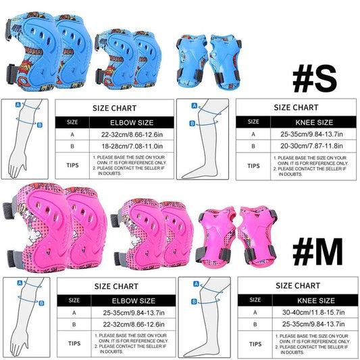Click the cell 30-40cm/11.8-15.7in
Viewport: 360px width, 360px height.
pyautogui.click(x=308, y=313)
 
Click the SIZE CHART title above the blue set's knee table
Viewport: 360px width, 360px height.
pyautogui.click(x=296, y=107)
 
